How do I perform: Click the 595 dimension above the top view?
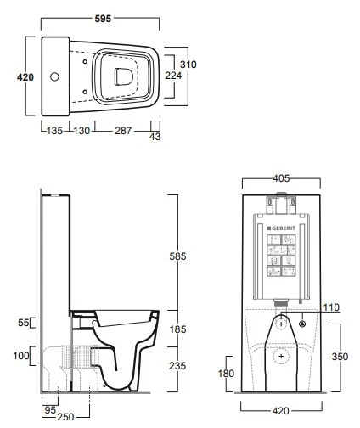click(103, 19)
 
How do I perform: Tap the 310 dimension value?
click(188, 65)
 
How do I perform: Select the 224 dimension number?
click(173, 76)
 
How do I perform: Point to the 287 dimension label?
click(123, 131)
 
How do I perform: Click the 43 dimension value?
click(155, 137)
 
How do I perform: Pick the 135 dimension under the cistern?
click(54, 131)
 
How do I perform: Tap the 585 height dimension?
click(177, 256)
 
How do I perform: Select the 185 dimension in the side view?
click(177, 329)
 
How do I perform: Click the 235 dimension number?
click(177, 366)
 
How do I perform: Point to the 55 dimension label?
click(24, 323)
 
